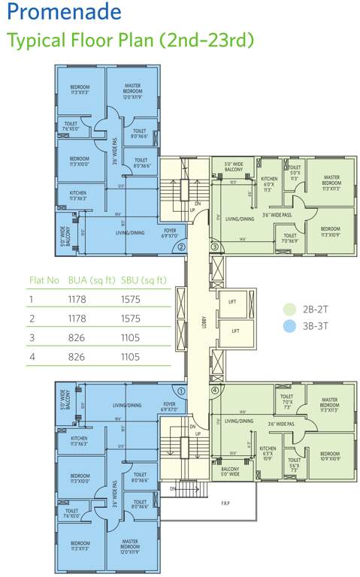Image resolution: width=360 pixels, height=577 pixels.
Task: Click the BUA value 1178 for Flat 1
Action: (79, 298)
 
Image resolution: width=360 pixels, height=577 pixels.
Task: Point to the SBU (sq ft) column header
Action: (144, 279)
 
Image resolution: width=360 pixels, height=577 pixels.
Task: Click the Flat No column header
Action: (44, 279)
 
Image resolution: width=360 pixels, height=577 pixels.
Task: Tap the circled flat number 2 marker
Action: (180, 246)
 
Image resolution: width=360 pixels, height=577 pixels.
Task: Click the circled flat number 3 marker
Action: (213, 246)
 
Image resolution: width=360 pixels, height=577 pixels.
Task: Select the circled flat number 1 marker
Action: (180, 390)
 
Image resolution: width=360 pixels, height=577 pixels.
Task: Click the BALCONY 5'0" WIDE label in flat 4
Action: (230, 471)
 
